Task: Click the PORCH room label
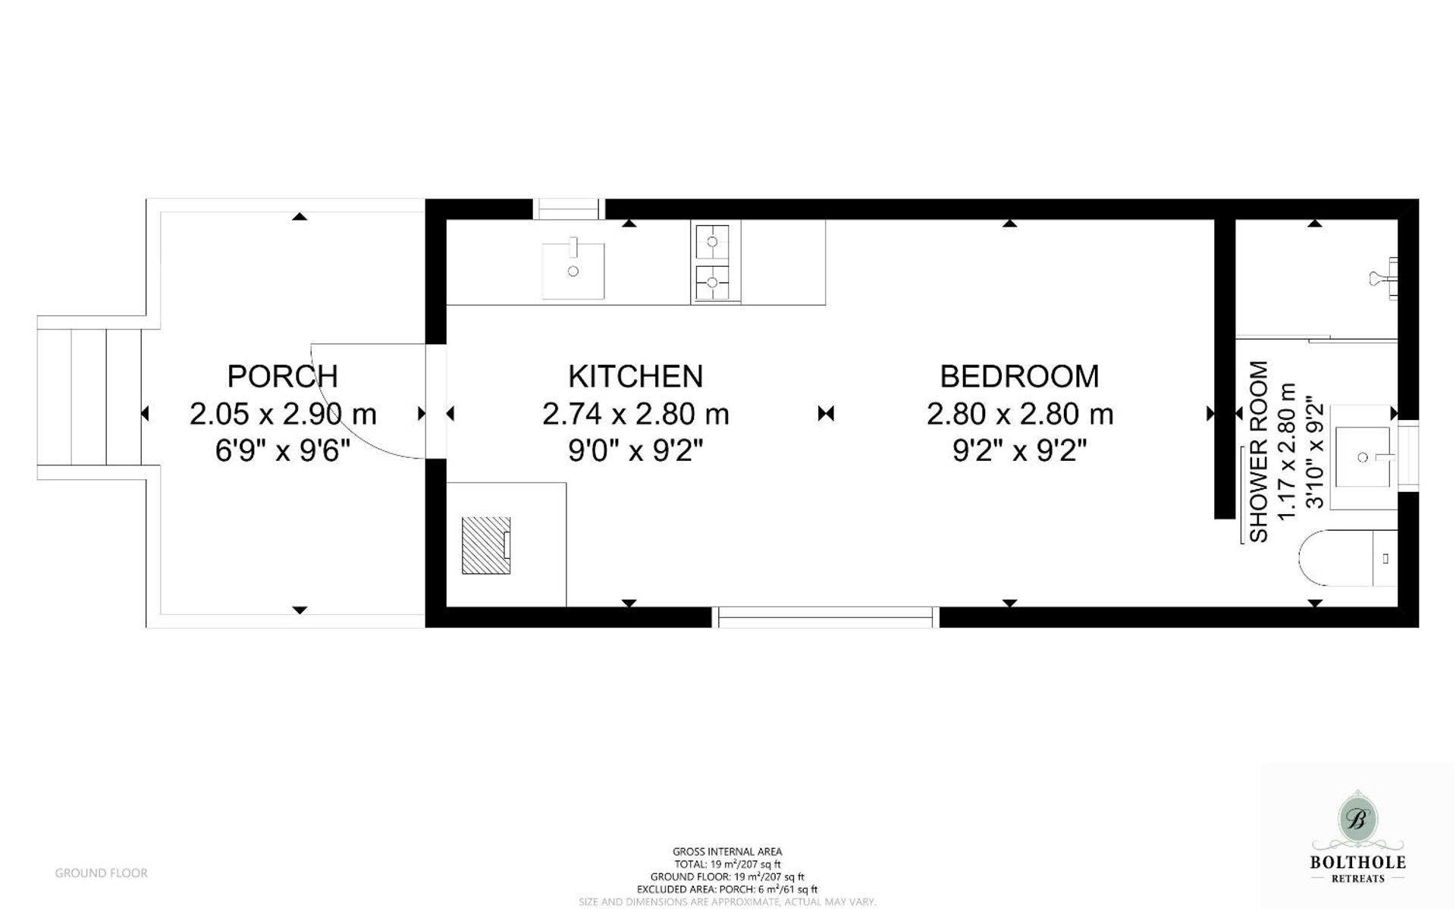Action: coord(282,376)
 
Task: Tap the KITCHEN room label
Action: coord(635,376)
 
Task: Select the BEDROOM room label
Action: coord(1019,376)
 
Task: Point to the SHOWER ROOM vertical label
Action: coord(1259,451)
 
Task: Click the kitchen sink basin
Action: coord(573,271)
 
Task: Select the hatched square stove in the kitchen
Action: coord(486,545)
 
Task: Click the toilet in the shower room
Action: coord(1347,558)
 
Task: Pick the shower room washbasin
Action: coord(1363,457)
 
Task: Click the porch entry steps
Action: coord(89,397)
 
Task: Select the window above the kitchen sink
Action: coord(569,208)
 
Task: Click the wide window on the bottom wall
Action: coord(826,617)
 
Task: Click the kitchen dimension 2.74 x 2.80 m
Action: coord(635,414)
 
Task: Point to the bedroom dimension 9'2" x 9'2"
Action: coord(1019,451)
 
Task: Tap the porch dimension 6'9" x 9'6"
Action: coord(282,451)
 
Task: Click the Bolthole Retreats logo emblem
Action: coord(1357,820)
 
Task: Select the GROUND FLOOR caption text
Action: coord(101,873)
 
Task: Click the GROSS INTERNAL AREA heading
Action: coord(726,851)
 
